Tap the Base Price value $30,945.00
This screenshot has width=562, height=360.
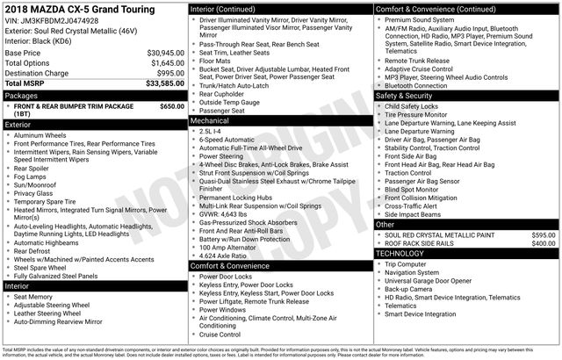(x=165, y=53)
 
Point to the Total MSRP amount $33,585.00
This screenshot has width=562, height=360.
(x=164, y=84)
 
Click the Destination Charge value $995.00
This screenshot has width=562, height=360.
(x=169, y=74)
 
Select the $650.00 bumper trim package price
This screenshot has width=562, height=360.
(x=172, y=106)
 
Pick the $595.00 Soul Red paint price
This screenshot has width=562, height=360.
(x=543, y=235)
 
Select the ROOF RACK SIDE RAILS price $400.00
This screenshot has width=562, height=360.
(x=543, y=243)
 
